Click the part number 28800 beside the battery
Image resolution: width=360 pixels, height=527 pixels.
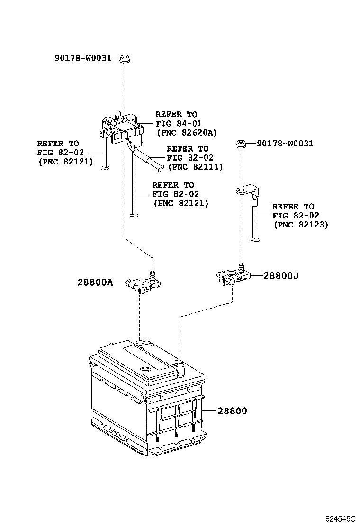click(232, 411)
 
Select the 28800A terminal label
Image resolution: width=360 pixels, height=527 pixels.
click(95, 282)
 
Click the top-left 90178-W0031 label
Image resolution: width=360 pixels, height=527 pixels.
click(82, 58)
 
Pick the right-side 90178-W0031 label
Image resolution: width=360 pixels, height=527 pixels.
click(285, 143)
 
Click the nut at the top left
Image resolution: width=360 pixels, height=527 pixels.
click(125, 59)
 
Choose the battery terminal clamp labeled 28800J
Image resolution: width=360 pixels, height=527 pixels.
click(232, 276)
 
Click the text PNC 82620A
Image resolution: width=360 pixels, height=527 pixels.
click(180, 132)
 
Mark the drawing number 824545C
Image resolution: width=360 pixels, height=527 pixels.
click(339, 519)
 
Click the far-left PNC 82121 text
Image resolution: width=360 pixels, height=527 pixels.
click(65, 162)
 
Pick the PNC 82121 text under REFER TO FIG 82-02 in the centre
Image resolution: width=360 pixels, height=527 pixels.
click(180, 203)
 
